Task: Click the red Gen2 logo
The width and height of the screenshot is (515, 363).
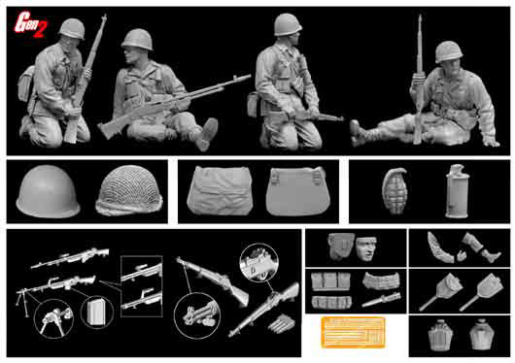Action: point(30,24)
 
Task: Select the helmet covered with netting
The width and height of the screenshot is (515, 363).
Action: point(129,190)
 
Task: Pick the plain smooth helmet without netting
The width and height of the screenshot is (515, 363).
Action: point(48,191)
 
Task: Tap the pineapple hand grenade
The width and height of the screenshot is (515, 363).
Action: point(395,191)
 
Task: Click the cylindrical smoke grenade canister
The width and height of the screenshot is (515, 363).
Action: point(457,191)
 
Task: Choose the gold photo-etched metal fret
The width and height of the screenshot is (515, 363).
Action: point(353,332)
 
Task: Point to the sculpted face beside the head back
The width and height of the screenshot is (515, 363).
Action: point(366,248)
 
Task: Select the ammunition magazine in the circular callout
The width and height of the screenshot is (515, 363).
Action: point(97,312)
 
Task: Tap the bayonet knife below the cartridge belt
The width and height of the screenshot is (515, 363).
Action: point(381,300)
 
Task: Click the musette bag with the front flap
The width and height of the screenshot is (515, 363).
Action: point(220,190)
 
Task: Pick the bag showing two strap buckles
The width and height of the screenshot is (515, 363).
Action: point(298,191)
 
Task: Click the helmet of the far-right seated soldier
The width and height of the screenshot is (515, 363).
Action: point(449,51)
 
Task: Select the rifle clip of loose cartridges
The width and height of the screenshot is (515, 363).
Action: point(281,324)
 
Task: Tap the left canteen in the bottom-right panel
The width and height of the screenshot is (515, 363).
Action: point(440,335)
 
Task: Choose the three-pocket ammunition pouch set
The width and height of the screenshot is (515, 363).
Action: point(330,281)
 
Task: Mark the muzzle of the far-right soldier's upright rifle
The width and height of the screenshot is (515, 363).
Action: point(420,16)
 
